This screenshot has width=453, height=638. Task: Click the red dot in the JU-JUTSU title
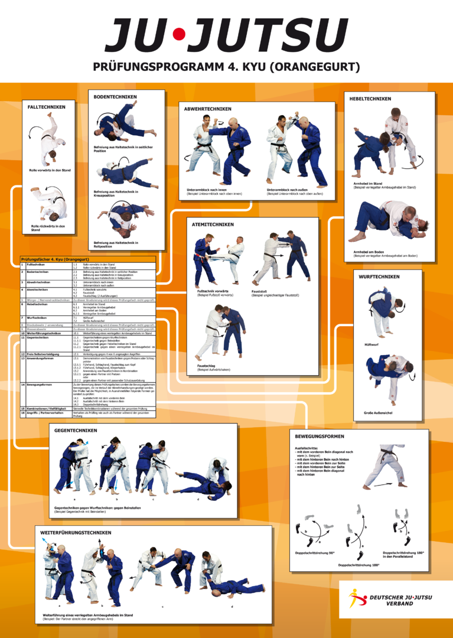click(x=177, y=35)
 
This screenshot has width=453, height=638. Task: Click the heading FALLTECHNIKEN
click(x=47, y=107)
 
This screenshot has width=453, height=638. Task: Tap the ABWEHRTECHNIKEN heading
click(x=208, y=109)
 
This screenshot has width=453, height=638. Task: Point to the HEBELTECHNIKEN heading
click(x=370, y=99)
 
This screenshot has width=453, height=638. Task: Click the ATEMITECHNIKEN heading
click(x=213, y=224)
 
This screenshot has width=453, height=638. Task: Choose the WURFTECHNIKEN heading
click(x=379, y=276)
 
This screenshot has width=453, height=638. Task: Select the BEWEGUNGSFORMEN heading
click(x=320, y=436)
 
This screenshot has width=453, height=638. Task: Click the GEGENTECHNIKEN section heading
click(x=76, y=431)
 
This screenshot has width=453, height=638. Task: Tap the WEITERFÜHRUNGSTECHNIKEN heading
click(x=76, y=532)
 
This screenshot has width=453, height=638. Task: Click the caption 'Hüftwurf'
click(x=371, y=344)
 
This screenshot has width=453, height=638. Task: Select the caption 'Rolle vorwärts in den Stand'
click(x=50, y=170)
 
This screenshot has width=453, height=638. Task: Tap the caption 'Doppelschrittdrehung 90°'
click(x=315, y=553)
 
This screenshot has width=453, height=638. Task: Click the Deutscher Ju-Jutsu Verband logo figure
click(x=357, y=598)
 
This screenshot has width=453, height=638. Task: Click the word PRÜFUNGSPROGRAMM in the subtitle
click(x=159, y=67)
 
